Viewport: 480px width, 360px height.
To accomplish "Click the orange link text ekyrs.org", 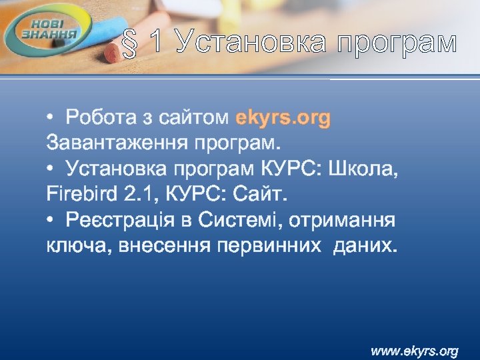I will point(283,118).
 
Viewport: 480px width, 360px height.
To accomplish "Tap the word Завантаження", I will point(117,143).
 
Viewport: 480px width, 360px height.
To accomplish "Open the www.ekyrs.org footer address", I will point(414,350).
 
